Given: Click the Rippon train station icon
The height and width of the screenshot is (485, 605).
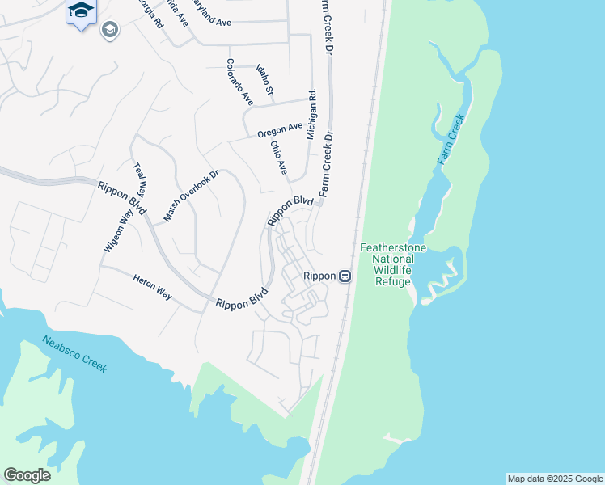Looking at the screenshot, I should (x=345, y=276).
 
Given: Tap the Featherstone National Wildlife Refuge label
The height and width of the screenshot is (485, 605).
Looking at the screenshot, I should (x=393, y=264).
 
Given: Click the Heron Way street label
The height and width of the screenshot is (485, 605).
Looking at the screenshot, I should (x=152, y=286).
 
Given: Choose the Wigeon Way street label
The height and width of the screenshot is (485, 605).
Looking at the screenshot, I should (x=117, y=231).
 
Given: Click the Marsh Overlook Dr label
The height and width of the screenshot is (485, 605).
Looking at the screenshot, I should (x=192, y=196).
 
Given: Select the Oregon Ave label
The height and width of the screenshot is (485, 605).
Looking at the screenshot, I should (x=280, y=129).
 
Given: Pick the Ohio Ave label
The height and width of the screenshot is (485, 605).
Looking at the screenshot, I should (x=279, y=158).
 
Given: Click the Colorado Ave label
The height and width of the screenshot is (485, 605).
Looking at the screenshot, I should (x=239, y=82).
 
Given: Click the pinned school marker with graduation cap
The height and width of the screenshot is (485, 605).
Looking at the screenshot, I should (x=80, y=11).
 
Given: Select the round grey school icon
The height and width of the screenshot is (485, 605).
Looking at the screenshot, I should (x=109, y=31).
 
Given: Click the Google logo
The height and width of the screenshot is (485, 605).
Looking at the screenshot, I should (x=27, y=475).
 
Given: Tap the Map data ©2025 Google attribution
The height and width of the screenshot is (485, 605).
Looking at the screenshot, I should (x=555, y=479).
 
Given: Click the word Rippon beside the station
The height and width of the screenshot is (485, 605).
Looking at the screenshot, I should (x=319, y=276).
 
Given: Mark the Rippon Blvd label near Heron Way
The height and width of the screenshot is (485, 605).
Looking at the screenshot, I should (x=242, y=300).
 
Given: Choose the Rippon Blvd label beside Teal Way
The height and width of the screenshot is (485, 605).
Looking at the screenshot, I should (x=122, y=198).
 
